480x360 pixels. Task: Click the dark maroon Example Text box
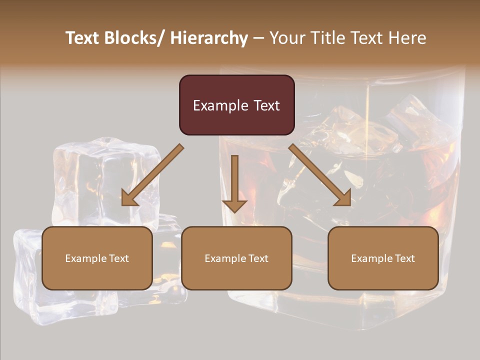236,105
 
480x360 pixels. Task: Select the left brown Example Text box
97,258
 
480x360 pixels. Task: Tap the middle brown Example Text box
236,258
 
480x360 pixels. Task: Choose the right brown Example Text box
383,258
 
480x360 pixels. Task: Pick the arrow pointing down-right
320,175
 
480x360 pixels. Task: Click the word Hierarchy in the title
209,38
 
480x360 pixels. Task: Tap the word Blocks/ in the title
134,38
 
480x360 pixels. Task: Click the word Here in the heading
408,38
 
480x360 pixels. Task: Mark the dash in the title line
258,38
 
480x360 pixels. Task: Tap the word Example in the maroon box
220,105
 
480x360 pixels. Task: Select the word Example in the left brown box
85,258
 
